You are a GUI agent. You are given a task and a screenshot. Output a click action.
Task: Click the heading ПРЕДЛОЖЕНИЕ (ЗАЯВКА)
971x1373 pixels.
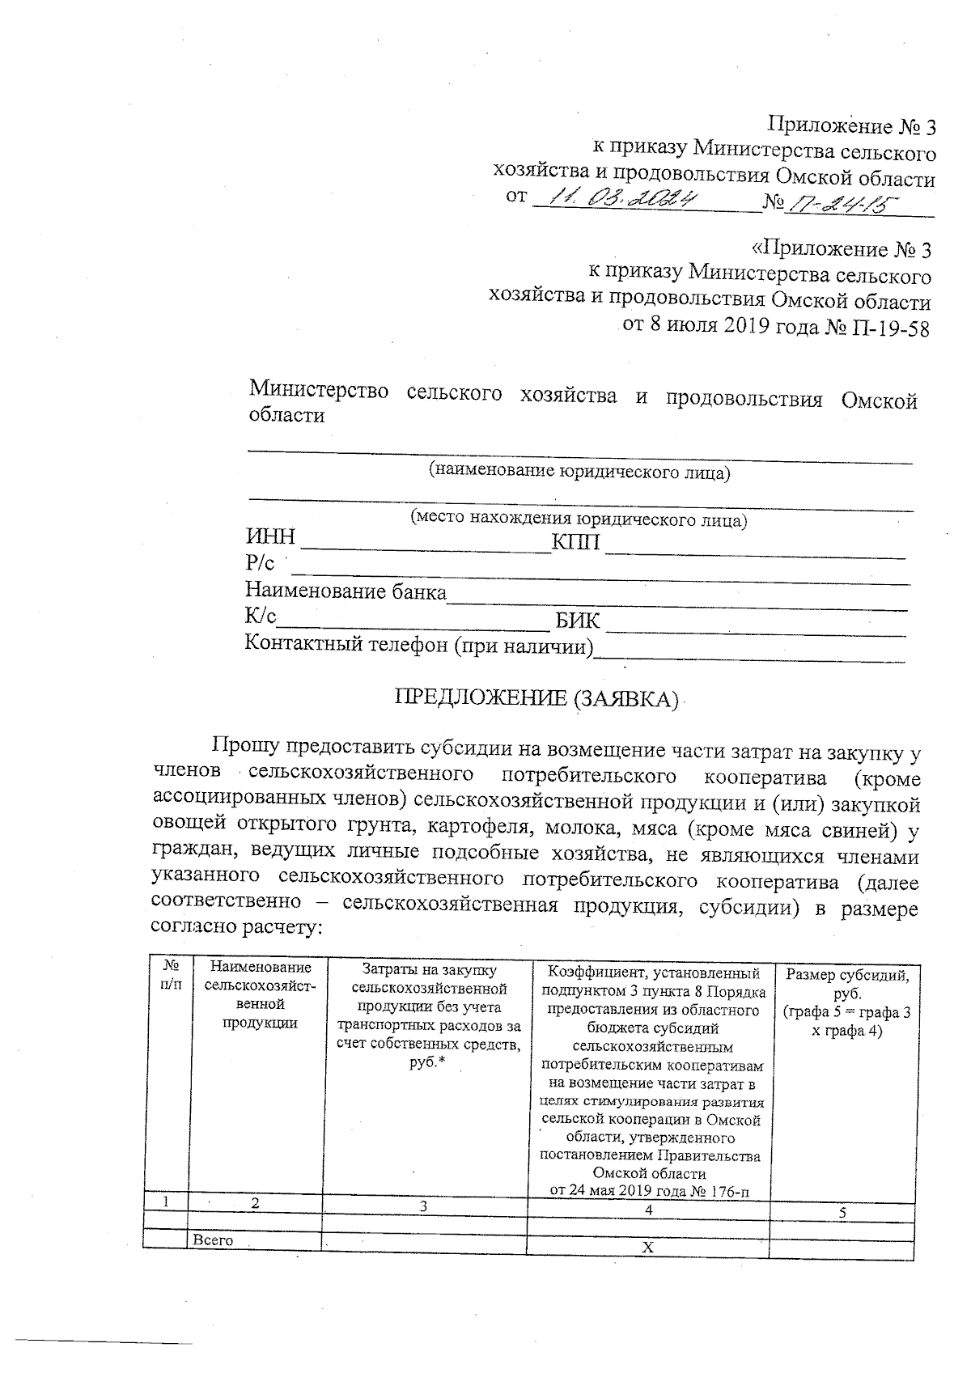pos(535,698)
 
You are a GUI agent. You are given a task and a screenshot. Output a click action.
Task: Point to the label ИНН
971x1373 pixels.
pos(270,538)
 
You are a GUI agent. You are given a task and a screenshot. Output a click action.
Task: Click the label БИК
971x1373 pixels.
pos(578,621)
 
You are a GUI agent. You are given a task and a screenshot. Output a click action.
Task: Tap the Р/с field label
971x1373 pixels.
pos(260,563)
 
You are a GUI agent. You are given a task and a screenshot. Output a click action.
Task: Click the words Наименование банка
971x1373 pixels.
pos(346,591)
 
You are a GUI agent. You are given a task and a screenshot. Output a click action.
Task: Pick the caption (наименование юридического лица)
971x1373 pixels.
pos(579,472)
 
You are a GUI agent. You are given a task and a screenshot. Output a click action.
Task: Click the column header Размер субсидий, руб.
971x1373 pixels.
pos(847,984)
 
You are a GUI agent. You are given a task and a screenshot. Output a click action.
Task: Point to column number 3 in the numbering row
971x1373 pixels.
pos(423,1206)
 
